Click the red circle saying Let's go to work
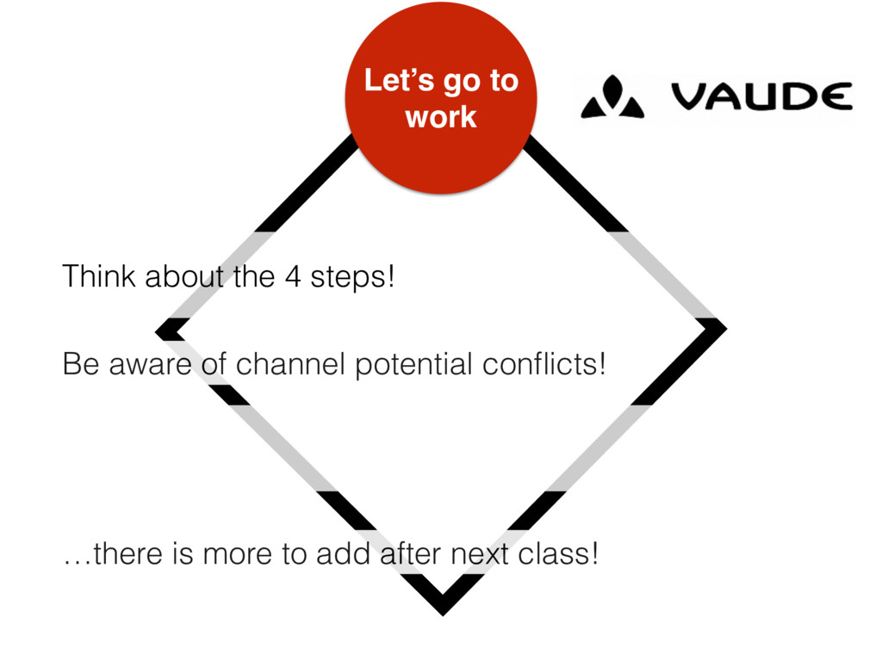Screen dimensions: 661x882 pyautogui.click(x=441, y=97)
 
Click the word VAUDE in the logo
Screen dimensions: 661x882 pyautogui.click(x=761, y=96)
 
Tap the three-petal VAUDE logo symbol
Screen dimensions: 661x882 pyautogui.click(x=612, y=97)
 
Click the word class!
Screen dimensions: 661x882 pyautogui.click(x=559, y=555)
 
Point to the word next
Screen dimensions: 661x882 pyautogui.click(x=483, y=555)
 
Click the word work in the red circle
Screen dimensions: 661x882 pyautogui.click(x=441, y=116)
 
